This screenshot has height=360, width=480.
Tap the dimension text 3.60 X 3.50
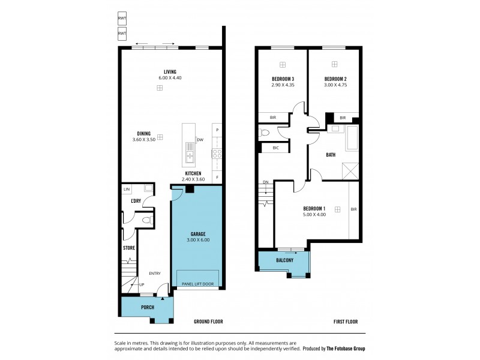pyautogui.click(x=144, y=140)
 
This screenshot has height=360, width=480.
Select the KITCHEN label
pyautogui.click(x=196, y=173)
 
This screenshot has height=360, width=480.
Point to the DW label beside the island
pyautogui.click(x=199, y=140)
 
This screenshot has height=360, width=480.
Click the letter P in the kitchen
pyautogui.click(x=217, y=130)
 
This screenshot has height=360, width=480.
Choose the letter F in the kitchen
pyautogui.click(x=217, y=177)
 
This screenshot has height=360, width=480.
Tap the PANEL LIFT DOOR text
pyautogui.click(x=197, y=283)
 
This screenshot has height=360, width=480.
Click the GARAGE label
pyautogui.click(x=198, y=235)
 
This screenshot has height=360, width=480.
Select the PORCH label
pyautogui.click(x=147, y=308)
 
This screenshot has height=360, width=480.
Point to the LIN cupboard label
pyautogui.click(x=127, y=190)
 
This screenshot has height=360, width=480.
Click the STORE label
pyautogui.click(x=129, y=247)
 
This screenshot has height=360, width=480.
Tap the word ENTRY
pyautogui.click(x=155, y=274)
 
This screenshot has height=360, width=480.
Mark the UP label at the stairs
pyautogui.click(x=142, y=284)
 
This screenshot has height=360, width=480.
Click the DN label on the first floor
pyautogui.click(x=264, y=183)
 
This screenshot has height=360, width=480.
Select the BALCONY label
pyautogui.click(x=284, y=260)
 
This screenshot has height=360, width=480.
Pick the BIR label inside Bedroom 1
pyautogui.click(x=353, y=209)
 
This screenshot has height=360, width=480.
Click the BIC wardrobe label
pyautogui.click(x=275, y=148)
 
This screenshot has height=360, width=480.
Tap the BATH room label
pyautogui.click(x=331, y=155)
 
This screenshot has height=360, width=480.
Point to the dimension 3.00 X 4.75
pyautogui.click(x=336, y=85)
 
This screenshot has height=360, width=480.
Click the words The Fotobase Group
pyautogui.click(x=346, y=349)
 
